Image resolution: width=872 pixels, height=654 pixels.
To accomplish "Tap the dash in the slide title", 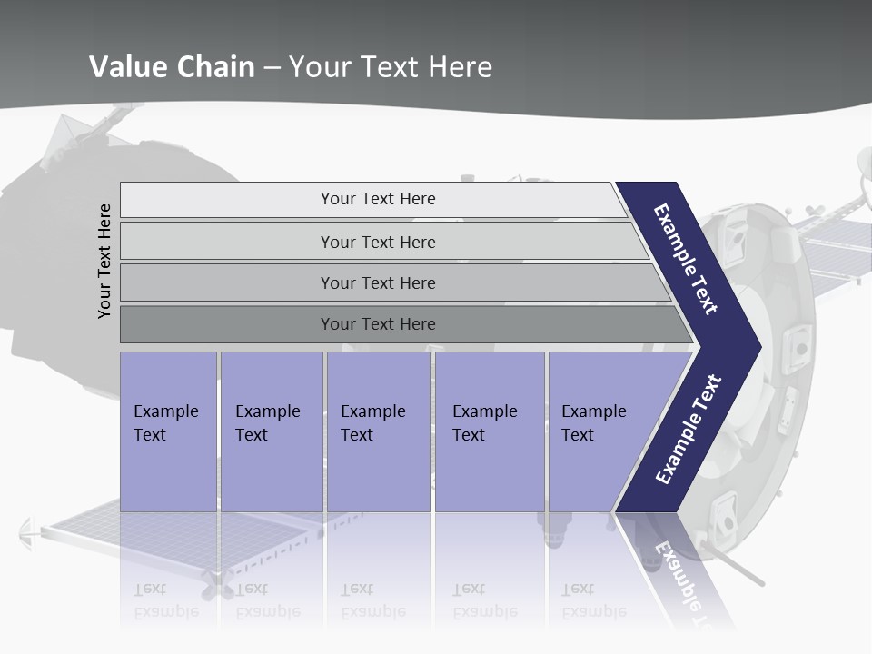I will tap(272, 68).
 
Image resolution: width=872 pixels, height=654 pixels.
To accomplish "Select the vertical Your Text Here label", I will tap(104, 262).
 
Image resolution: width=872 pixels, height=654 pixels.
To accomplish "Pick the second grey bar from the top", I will tap(377, 242).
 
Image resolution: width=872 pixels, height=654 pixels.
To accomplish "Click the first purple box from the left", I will tap(168, 431).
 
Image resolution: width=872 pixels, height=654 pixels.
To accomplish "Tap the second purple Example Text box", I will tap(272, 431).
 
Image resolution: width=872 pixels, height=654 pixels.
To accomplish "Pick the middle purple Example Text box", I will tap(378, 431).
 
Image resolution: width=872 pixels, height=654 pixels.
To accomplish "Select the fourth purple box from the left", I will tap(490, 431).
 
